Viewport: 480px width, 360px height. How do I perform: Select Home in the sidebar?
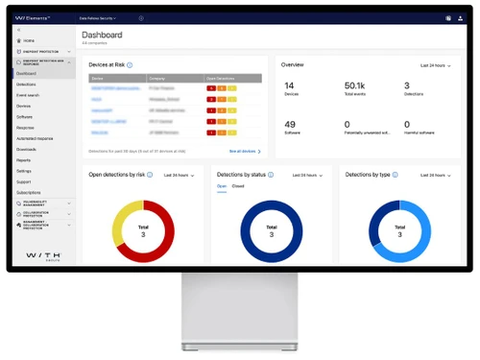click(x=28, y=41)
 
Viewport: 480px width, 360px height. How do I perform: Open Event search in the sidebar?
click(x=29, y=95)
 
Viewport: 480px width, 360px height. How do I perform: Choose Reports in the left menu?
click(x=24, y=160)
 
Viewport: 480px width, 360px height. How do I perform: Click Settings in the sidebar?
click(x=24, y=171)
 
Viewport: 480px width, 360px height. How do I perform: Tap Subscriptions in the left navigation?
click(x=29, y=192)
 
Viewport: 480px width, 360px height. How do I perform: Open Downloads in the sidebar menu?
click(x=27, y=149)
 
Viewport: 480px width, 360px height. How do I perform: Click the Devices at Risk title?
click(x=106, y=64)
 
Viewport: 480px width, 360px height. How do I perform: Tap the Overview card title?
click(x=293, y=64)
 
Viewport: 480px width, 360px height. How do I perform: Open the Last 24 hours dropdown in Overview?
click(x=436, y=64)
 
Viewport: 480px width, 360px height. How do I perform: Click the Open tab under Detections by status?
click(x=221, y=186)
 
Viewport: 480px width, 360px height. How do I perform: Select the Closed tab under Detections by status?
click(x=237, y=186)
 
